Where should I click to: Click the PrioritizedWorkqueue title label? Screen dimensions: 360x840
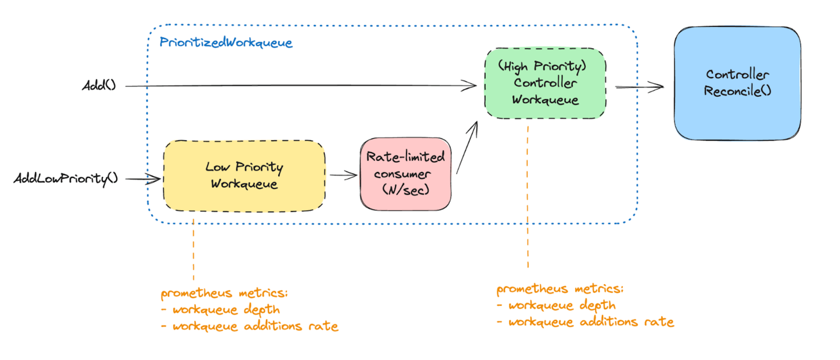point(226,43)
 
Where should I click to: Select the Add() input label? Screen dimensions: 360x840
point(99,85)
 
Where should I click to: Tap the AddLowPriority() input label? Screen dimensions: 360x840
point(66,178)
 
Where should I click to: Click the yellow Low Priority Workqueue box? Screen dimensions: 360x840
point(244,175)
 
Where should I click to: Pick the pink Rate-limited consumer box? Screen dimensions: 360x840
point(405,173)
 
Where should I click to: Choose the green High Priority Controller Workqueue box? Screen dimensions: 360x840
point(545,83)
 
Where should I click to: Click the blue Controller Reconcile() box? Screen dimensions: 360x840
point(737,83)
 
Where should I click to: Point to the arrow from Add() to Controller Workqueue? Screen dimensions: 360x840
point(300,86)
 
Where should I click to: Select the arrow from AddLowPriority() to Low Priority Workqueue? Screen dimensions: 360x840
point(143,179)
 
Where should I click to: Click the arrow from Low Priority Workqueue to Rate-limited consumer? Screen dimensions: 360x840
point(342,174)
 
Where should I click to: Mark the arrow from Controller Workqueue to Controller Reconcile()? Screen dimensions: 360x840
point(639,87)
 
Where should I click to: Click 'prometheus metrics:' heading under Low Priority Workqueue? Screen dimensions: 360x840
point(225,293)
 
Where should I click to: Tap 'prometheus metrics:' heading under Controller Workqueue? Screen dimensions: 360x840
point(560,289)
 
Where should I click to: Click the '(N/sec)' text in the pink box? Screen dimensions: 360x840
point(405,189)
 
